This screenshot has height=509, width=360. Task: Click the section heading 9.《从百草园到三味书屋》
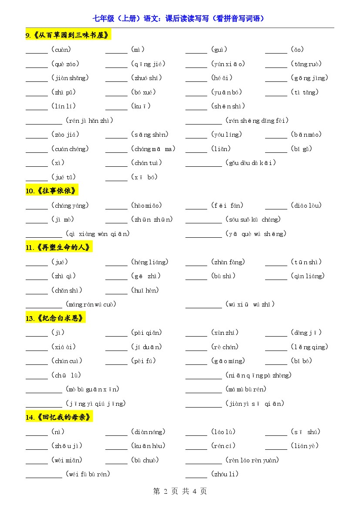pos(68,35)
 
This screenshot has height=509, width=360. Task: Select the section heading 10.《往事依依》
pos(52,191)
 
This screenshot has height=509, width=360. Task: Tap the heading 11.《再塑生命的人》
pos(59,247)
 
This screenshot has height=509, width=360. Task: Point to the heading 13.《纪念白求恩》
pos(55,318)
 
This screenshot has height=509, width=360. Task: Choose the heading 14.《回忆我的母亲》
pos(59,417)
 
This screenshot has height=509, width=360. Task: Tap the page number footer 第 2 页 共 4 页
pos(180,491)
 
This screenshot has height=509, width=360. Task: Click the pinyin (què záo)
pos(65,64)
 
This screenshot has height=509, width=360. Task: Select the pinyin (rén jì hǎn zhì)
pos(89,121)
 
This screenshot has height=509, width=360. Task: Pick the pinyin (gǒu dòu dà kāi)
pos(251,163)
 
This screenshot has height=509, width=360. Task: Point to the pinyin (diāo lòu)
pos(306,206)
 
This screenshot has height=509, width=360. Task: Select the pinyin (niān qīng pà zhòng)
pos(259,375)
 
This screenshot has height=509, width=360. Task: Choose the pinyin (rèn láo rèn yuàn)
pos(252,460)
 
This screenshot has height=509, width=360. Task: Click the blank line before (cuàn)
pos(37,53)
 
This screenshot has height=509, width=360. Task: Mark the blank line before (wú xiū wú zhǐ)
pos(203,307)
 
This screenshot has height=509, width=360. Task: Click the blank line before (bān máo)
pos(276,138)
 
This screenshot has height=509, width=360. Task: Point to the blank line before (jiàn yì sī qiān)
pos(203,407)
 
